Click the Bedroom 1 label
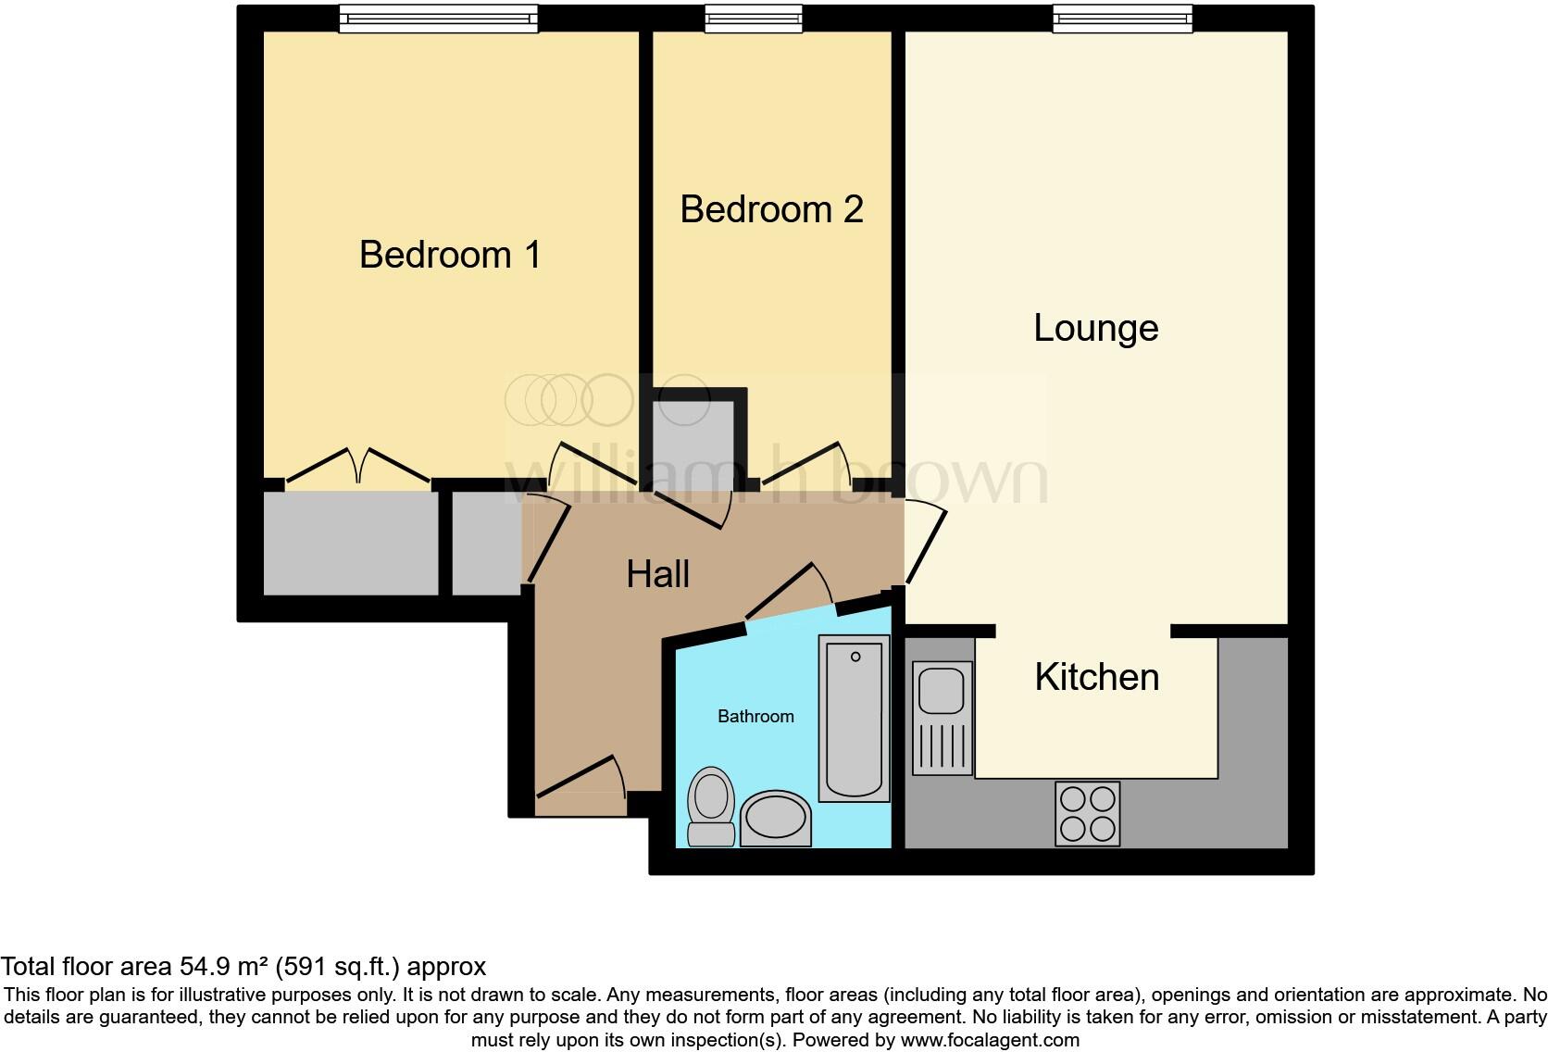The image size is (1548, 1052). (450, 255)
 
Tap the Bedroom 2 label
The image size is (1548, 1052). (771, 209)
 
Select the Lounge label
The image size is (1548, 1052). (1095, 328)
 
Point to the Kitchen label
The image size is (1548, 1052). (1096, 677)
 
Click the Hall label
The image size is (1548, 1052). (657, 574)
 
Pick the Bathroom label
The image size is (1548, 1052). (755, 716)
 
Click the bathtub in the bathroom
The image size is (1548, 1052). (854, 718)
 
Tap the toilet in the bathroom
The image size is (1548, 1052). (711, 805)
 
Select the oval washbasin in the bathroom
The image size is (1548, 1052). (775, 819)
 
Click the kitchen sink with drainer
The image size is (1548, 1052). (943, 717)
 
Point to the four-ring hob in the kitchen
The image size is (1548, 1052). (1088, 814)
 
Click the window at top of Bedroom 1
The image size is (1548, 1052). (438, 19)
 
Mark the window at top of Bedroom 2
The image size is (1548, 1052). (753, 19)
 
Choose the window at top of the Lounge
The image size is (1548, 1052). (1122, 19)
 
